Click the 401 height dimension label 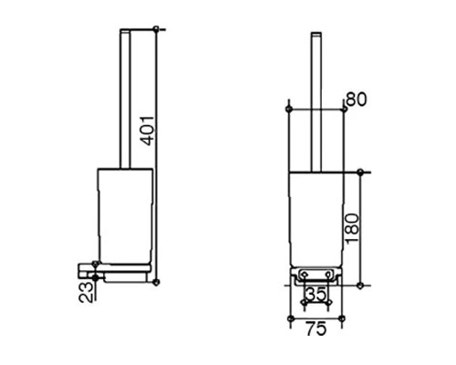(150, 130)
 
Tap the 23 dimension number (86, 292)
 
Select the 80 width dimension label (357, 99)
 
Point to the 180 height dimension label (353, 228)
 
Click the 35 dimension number (316, 294)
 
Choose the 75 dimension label (316, 328)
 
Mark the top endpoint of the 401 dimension (156, 29)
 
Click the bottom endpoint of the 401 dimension (156, 282)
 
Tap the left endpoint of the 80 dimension (288, 109)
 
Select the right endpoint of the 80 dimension (345, 109)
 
